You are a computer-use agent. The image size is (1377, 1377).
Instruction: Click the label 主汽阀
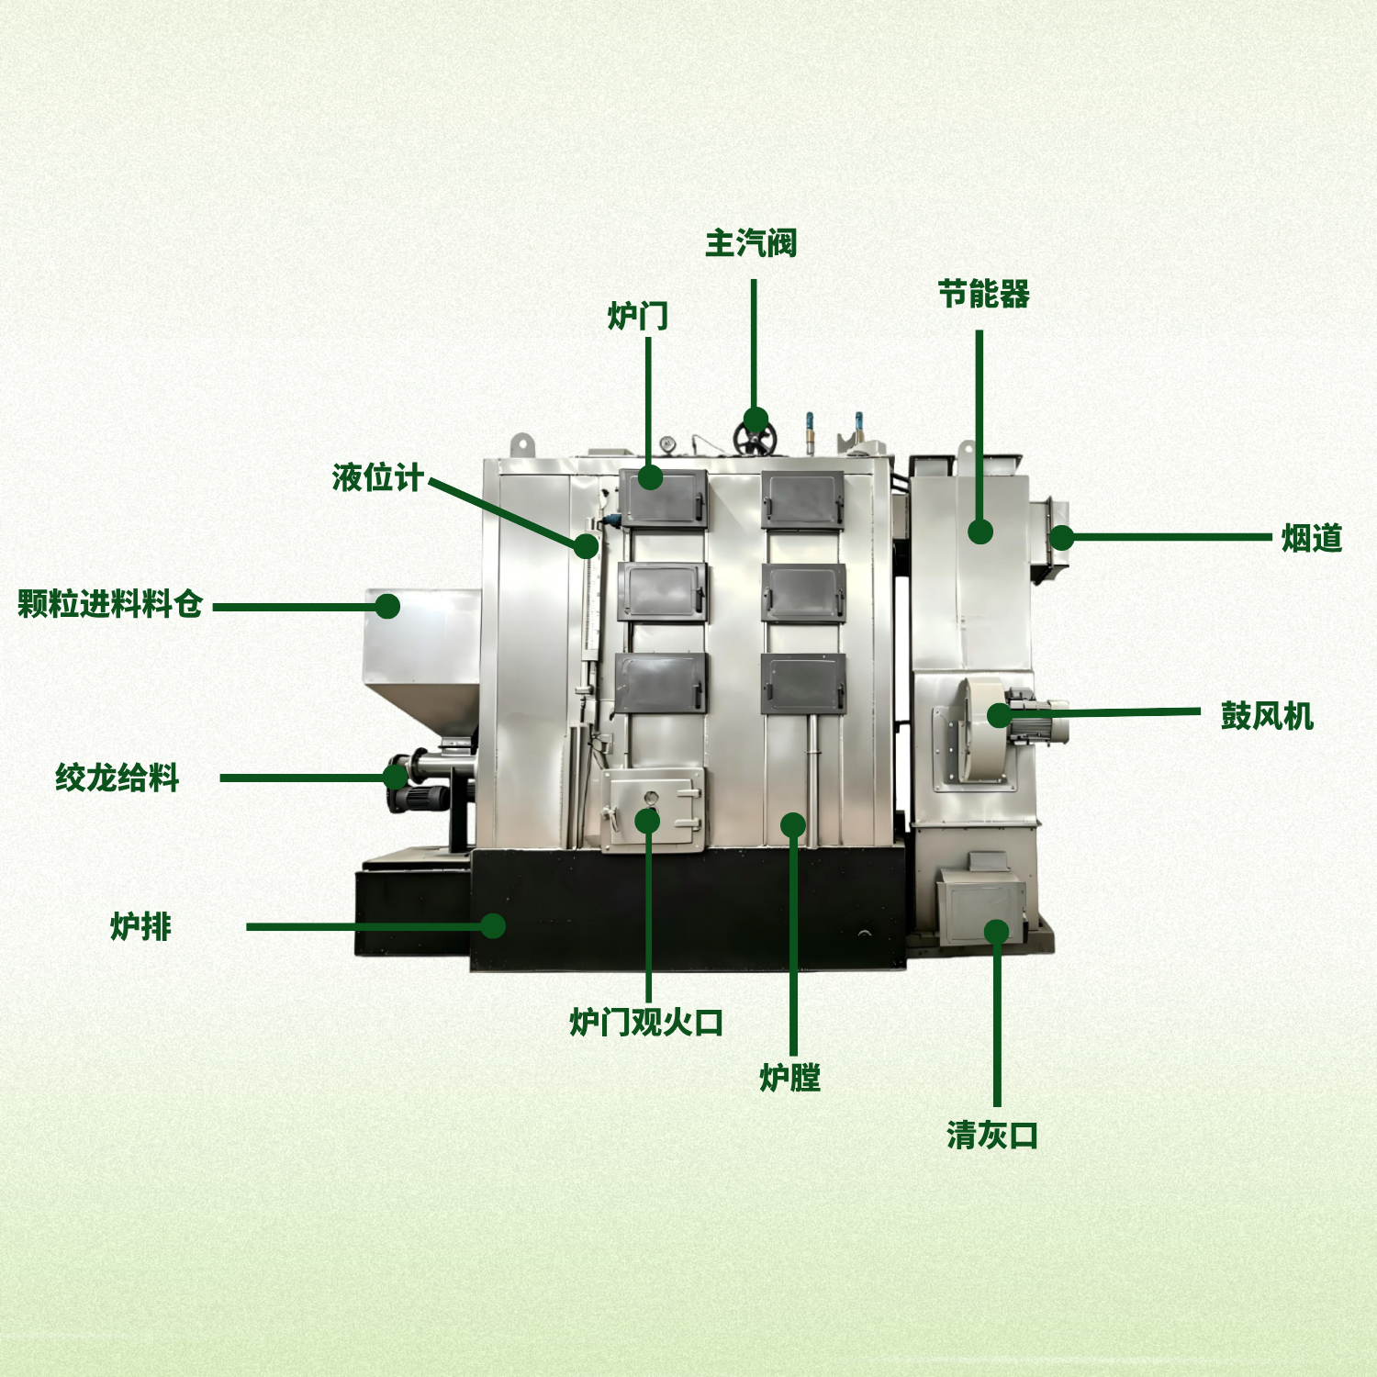tap(751, 243)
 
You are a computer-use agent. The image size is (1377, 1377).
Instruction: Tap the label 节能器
tap(984, 295)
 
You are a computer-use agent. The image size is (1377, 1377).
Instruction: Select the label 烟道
tap(1312, 538)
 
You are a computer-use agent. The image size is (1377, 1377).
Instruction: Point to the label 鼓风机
tap(1267, 715)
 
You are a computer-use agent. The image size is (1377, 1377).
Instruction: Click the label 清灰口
tap(992, 1136)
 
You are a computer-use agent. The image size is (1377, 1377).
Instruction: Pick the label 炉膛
tap(789, 1077)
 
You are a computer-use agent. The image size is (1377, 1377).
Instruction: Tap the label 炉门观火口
tap(646, 1022)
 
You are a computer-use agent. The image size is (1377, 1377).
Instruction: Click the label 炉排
tap(140, 926)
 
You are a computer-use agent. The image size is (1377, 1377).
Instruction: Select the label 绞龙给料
tap(117, 778)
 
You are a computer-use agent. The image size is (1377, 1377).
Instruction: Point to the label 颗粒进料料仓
tap(110, 604)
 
